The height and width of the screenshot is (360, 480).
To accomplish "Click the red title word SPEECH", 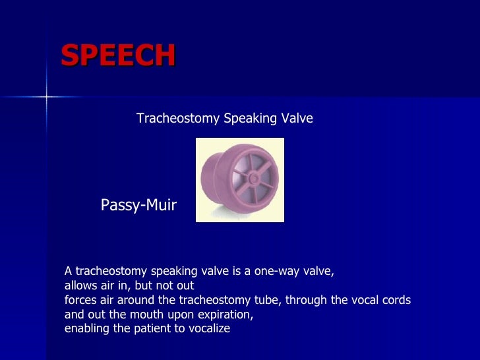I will click(x=118, y=56).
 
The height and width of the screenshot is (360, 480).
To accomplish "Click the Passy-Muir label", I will click(x=138, y=205).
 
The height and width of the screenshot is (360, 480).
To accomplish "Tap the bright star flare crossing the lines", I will click(x=46, y=97).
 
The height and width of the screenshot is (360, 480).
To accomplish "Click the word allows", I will click(x=80, y=285).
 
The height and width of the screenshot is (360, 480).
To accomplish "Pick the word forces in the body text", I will click(x=80, y=300).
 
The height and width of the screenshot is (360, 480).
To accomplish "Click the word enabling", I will click(x=86, y=328).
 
